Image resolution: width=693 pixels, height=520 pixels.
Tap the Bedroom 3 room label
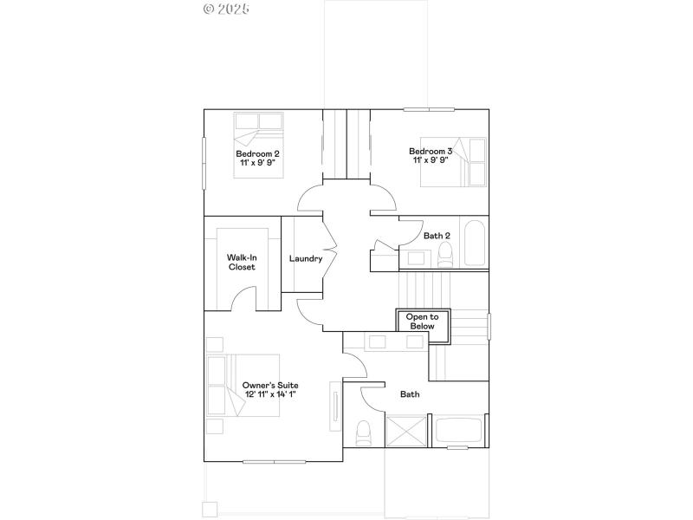(x=431, y=151)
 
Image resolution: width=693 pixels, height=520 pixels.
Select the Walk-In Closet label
(x=242, y=262)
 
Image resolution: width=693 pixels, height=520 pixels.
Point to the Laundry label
(x=306, y=258)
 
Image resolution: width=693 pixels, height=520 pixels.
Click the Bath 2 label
(x=437, y=235)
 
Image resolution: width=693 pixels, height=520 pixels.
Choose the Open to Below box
(x=423, y=321)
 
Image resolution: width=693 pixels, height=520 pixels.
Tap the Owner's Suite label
(x=270, y=384)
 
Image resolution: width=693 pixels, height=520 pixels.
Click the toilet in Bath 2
(x=445, y=252)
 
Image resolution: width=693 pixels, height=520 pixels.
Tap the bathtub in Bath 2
(x=475, y=244)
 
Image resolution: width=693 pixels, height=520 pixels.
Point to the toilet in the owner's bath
(x=364, y=431)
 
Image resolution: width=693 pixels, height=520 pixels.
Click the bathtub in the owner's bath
(x=461, y=431)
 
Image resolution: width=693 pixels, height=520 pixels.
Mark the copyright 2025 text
(x=226, y=9)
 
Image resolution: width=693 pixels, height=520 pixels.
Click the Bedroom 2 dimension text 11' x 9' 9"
(x=257, y=162)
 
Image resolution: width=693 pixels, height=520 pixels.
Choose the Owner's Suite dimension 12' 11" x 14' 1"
(x=270, y=394)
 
